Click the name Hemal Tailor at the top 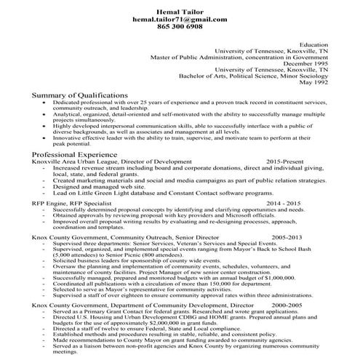180,7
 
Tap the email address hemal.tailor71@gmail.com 180,16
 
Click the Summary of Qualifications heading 80,95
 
